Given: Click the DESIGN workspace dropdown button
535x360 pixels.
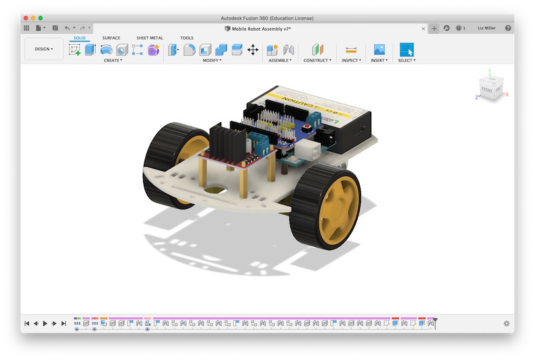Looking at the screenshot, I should tap(44, 49).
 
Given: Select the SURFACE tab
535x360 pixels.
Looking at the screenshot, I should tap(111, 38).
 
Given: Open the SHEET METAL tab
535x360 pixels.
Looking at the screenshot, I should tap(149, 38).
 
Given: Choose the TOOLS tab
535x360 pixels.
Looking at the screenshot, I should tap(187, 38).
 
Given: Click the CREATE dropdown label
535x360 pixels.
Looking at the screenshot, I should tap(112, 60).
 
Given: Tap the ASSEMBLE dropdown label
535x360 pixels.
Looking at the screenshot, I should tap(279, 60).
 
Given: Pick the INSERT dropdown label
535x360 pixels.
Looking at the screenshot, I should tap(379, 60).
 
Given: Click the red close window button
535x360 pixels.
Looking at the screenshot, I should tap(26, 18).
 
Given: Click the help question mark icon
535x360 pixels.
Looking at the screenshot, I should tap(508, 28).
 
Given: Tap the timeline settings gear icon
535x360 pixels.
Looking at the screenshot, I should tap(506, 324).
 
